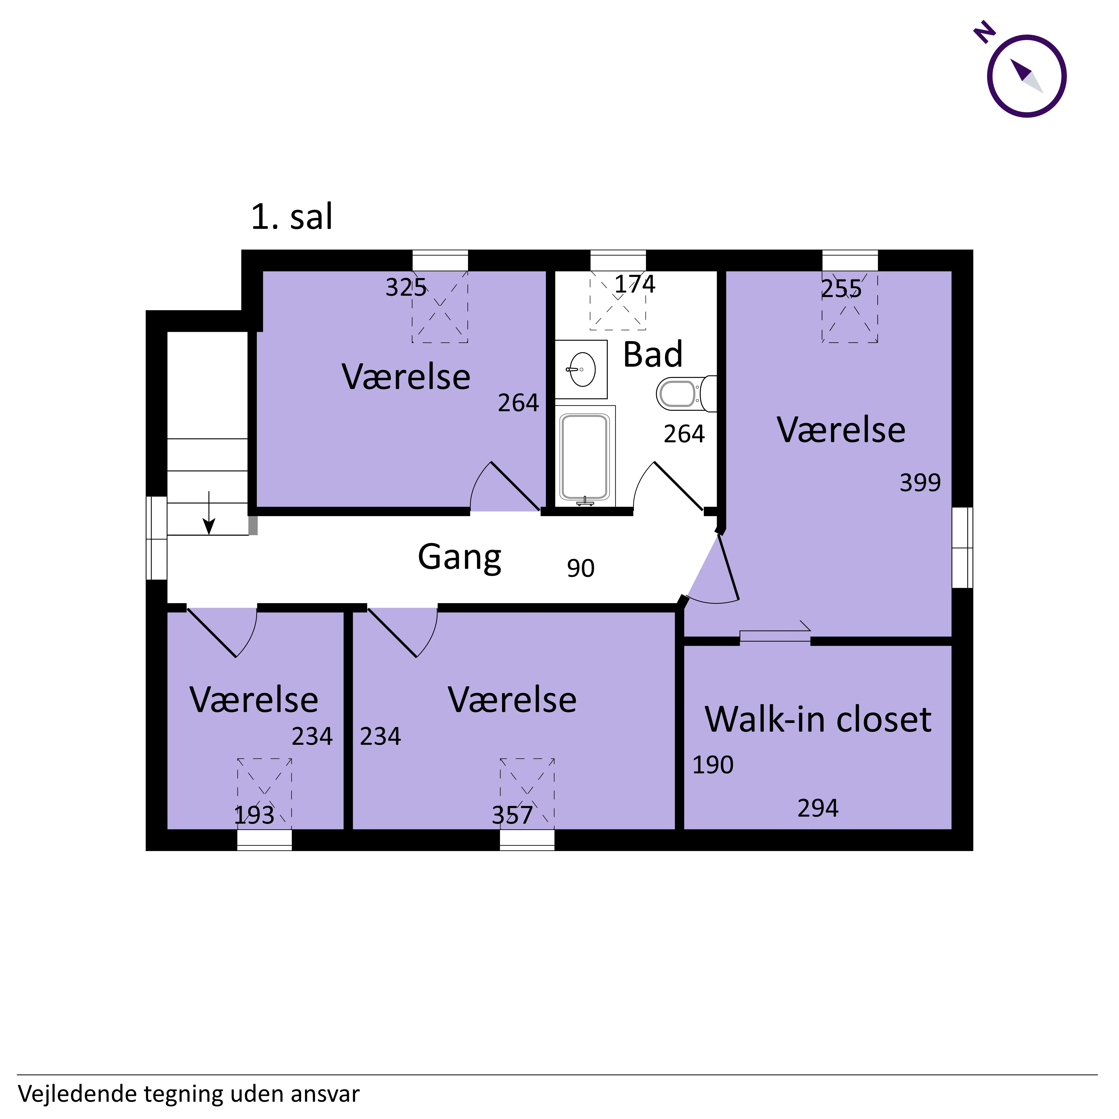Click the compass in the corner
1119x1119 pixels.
pyautogui.click(x=1026, y=76)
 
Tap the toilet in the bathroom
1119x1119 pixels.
pyautogui.click(x=686, y=394)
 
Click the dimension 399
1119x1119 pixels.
pyautogui.click(x=920, y=483)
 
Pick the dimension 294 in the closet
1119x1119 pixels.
pyautogui.click(x=818, y=808)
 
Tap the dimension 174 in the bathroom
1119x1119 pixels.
pyautogui.click(x=635, y=285)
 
